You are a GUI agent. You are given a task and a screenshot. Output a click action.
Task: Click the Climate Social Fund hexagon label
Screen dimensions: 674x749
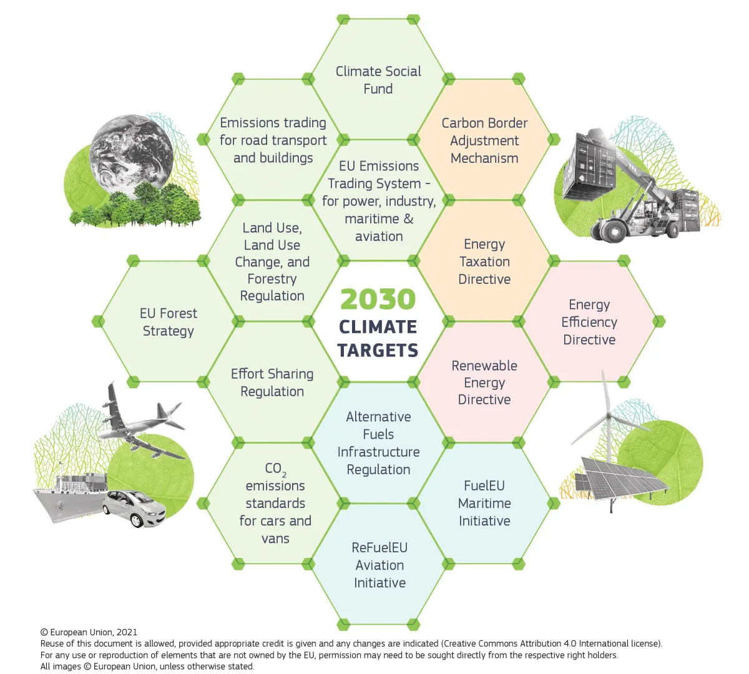click(x=378, y=80)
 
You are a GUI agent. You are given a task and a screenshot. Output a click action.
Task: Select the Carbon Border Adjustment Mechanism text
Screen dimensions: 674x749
click(x=484, y=140)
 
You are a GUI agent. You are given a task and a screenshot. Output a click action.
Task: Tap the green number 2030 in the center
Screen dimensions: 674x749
click(x=378, y=300)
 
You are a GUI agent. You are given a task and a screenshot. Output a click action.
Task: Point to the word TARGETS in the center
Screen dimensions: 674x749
click(x=378, y=350)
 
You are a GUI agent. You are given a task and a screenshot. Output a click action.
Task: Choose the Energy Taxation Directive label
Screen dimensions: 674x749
click(x=484, y=261)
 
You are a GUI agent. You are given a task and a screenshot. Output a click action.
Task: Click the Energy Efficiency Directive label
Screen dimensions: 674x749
click(x=589, y=322)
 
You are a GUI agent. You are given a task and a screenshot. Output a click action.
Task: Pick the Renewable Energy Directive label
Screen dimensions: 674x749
click(x=484, y=383)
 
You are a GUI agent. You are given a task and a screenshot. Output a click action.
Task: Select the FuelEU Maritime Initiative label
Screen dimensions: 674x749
click(x=484, y=503)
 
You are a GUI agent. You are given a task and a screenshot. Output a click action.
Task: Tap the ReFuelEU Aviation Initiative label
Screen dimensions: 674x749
click(x=379, y=565)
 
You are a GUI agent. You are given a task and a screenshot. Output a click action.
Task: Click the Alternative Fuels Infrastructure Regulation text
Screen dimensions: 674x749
click(x=378, y=443)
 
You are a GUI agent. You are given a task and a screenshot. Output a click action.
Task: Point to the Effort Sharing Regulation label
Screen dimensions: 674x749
click(x=272, y=383)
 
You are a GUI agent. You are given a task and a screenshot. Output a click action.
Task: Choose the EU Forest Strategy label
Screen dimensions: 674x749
click(x=168, y=322)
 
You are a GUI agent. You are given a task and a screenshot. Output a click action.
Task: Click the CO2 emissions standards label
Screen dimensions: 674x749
click(x=275, y=503)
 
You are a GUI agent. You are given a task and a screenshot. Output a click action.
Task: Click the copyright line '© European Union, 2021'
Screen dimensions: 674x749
click(x=89, y=632)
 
